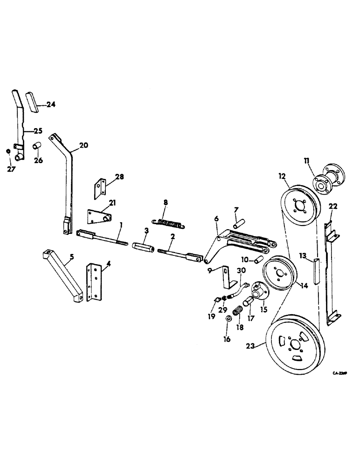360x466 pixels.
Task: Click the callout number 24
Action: click(x=51, y=105)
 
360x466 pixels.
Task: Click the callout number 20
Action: click(x=83, y=145)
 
